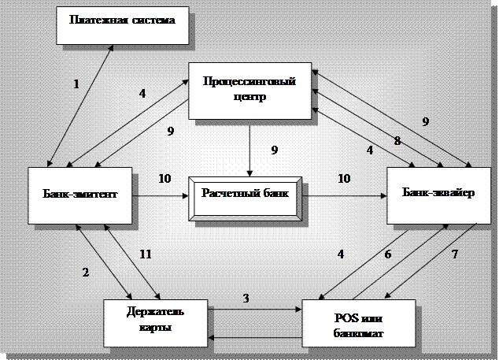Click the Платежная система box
122,21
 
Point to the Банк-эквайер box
437,193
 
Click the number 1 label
76,84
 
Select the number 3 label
246,299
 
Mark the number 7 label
455,254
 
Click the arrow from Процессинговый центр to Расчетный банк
250,150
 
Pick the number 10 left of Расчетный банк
165,179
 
